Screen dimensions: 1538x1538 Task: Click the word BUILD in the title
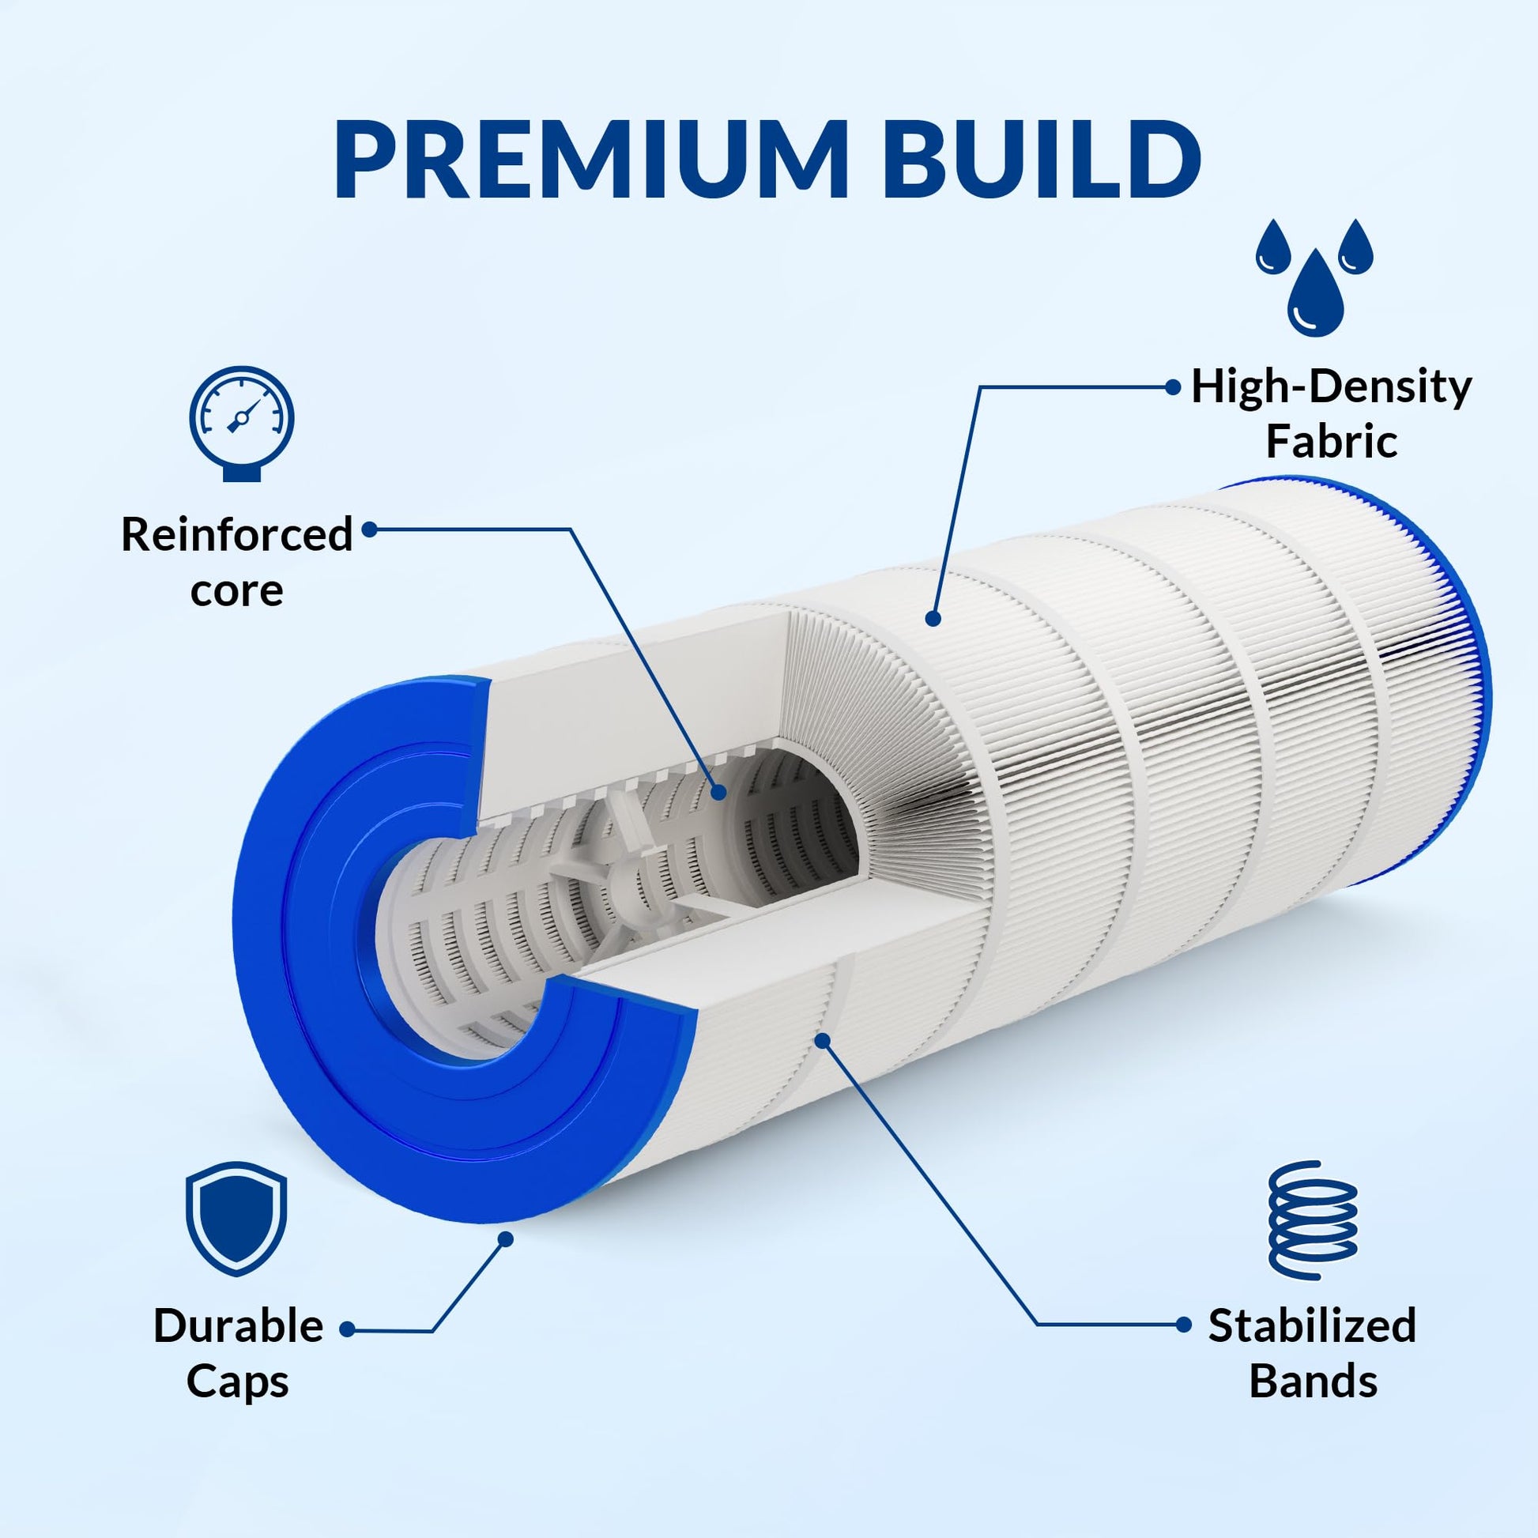click(x=1041, y=159)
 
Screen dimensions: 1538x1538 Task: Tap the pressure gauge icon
click(x=242, y=423)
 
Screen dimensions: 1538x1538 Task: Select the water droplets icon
click(x=1314, y=277)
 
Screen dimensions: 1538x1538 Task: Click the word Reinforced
click(x=236, y=533)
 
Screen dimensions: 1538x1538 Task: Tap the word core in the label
click(x=236, y=590)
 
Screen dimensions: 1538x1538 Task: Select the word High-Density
click(x=1331, y=389)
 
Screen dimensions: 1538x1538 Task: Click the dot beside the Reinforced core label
click(x=368, y=529)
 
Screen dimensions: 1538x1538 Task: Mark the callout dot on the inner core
click(x=718, y=791)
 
